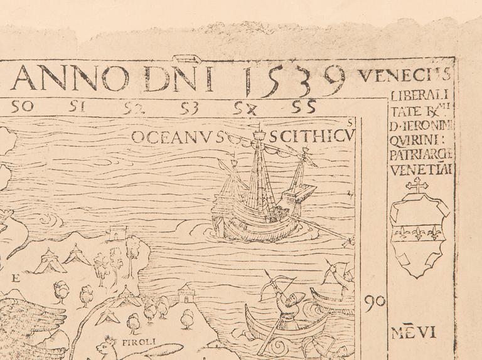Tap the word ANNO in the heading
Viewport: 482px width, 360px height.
(70, 78)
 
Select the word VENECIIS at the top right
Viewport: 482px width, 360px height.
(404, 76)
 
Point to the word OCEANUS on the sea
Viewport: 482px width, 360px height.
(178, 137)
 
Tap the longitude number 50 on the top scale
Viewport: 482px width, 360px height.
(22, 107)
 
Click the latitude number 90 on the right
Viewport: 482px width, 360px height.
(374, 304)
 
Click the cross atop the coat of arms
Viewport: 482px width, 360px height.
(416, 185)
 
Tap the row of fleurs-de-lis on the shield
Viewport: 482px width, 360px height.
(417, 233)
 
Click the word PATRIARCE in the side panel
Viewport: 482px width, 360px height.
(421, 155)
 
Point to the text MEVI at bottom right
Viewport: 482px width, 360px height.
(414, 332)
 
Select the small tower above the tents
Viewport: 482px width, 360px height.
(117, 234)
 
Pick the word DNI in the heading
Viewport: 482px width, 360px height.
(178, 78)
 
